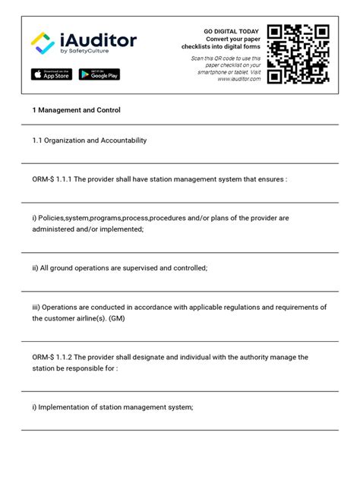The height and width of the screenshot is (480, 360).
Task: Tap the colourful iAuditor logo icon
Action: (x=43, y=43)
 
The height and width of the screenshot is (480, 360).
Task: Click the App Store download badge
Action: (x=52, y=74)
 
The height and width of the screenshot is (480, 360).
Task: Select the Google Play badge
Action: (x=99, y=74)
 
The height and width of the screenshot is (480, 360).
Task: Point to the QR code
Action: (x=298, y=52)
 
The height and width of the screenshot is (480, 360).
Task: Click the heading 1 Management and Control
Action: (x=76, y=110)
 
